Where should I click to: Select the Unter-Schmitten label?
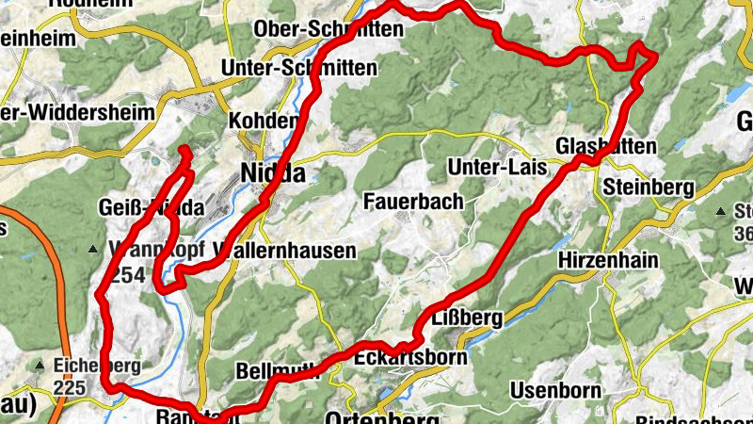[x=298, y=68]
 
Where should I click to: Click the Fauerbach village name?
[x=413, y=201]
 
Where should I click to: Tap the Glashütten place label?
[x=592, y=146]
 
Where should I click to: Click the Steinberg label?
[x=649, y=186]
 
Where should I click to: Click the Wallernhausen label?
[x=287, y=251]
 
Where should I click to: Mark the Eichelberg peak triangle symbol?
[x=40, y=364]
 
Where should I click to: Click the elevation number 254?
[x=125, y=274]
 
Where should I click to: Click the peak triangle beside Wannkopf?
[x=92, y=249]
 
